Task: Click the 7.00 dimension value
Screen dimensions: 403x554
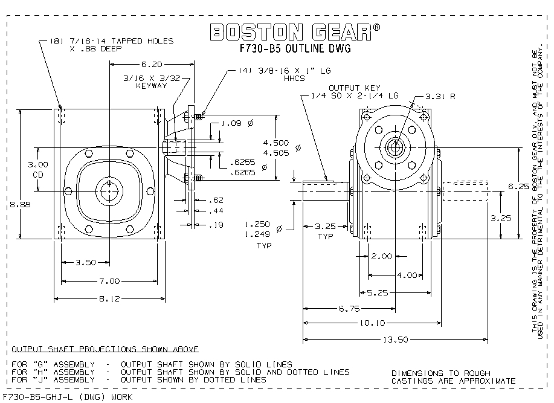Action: tap(110, 280)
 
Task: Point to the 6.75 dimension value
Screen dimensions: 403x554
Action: tap(350, 308)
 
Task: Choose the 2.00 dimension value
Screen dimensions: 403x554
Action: tap(381, 257)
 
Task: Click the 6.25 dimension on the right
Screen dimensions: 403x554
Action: tap(528, 187)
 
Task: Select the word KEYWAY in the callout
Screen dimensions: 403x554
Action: tap(151, 86)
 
